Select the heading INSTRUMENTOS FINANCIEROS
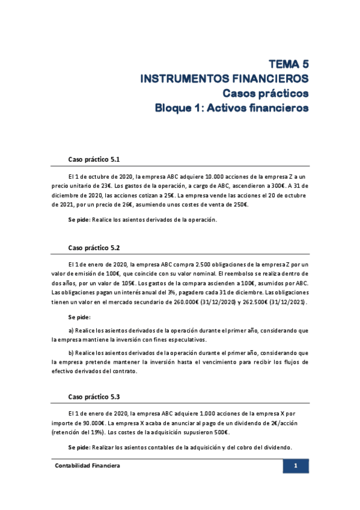(x=224, y=79)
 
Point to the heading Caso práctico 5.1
(x=94, y=159)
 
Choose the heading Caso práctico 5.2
(x=94, y=247)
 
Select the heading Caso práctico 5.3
(x=94, y=397)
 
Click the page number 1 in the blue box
(x=296, y=466)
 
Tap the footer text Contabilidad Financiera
(x=88, y=466)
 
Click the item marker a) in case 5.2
(x=72, y=330)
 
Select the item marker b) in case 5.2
(x=72, y=353)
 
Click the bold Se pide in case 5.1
(x=79, y=220)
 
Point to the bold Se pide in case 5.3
(x=79, y=447)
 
